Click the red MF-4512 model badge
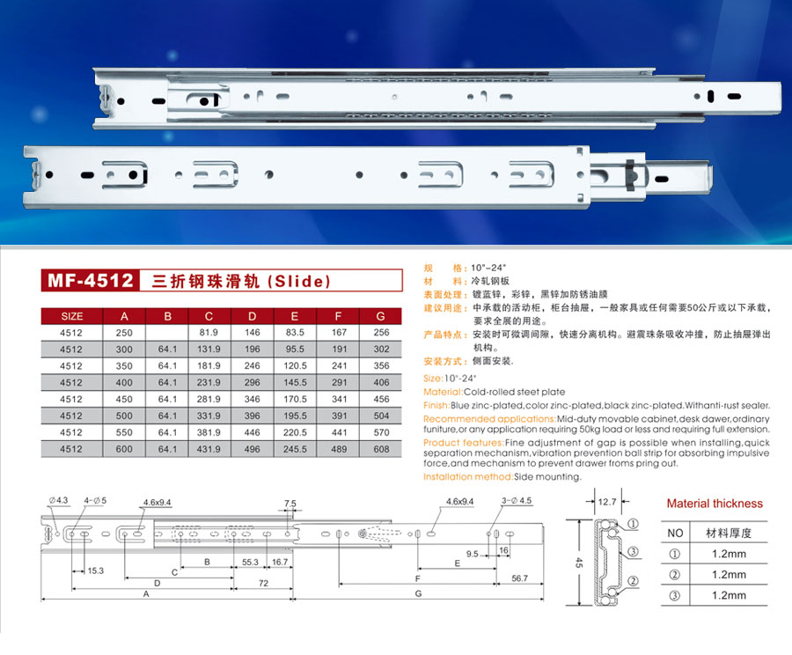[x=90, y=281]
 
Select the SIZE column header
[x=72, y=316]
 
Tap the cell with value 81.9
[x=209, y=333]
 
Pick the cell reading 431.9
[x=209, y=449]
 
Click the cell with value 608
[x=381, y=449]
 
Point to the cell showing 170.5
[x=295, y=400]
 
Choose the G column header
[x=380, y=316]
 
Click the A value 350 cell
[x=124, y=366]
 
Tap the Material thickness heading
[x=715, y=504]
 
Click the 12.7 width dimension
[x=606, y=502]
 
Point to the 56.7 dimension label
[x=520, y=578]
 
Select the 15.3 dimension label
[x=95, y=570]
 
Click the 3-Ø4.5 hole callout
[x=517, y=501]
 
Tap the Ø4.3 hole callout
[x=58, y=500]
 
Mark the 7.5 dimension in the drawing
[x=290, y=504]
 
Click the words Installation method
[x=468, y=476]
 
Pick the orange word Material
[x=443, y=392]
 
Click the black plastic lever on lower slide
[x=630, y=175]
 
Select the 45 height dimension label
[x=579, y=563]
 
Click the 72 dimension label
[x=263, y=583]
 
